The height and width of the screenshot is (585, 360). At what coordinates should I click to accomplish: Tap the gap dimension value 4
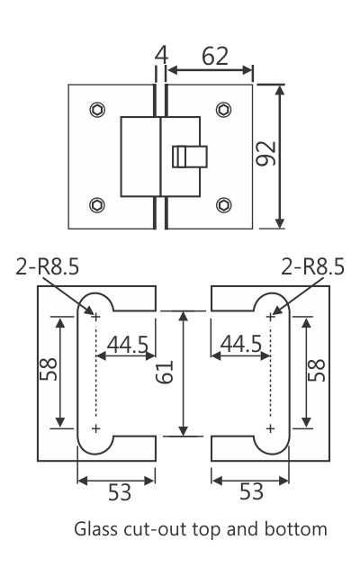tap(161, 57)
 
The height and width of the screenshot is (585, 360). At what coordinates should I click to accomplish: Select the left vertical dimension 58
tap(49, 369)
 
